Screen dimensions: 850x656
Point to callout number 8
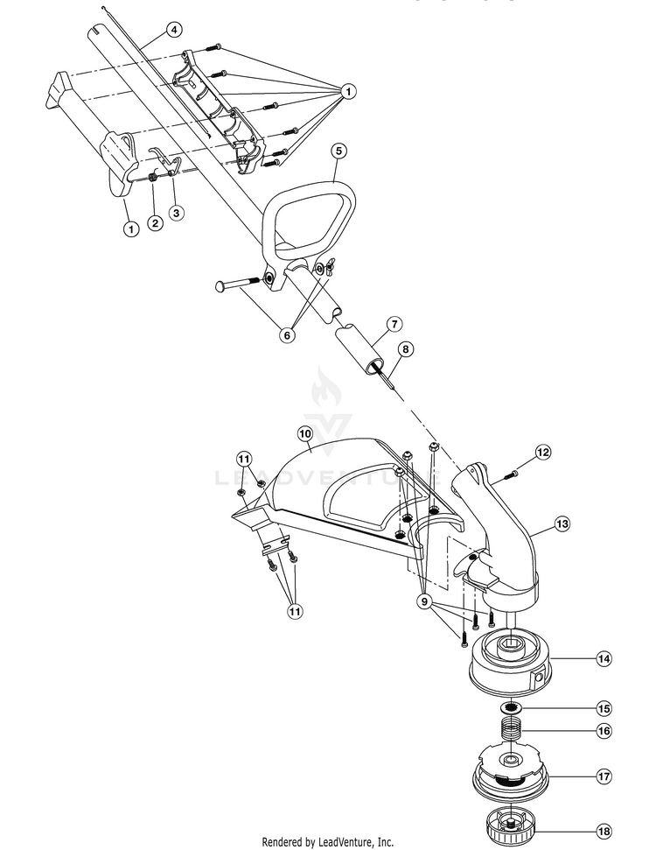405,348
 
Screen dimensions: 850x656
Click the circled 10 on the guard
305,433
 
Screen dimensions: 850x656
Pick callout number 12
543,452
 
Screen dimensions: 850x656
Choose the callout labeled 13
562,523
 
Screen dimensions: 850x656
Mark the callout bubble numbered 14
604,659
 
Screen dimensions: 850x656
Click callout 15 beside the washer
604,707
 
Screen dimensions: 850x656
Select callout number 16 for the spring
604,730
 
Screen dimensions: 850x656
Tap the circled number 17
604,776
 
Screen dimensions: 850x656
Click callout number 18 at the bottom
604,831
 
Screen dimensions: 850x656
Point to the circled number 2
155,223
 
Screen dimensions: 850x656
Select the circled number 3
177,212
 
